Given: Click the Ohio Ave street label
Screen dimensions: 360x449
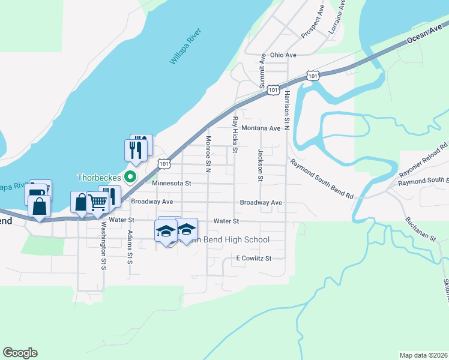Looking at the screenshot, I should tap(283, 55).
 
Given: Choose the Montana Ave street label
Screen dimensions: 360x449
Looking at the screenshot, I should tap(261, 128).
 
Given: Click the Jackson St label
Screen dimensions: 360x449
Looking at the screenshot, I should tap(261, 165).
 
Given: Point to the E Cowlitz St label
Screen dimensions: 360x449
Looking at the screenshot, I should tap(254, 259).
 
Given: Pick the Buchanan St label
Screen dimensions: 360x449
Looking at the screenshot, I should tap(420, 229).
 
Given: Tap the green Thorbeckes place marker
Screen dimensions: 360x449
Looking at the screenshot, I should tap(129, 177).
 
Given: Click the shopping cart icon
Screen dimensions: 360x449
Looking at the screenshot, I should tap(98, 203).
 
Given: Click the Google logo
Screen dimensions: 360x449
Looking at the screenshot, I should tap(20, 353).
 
